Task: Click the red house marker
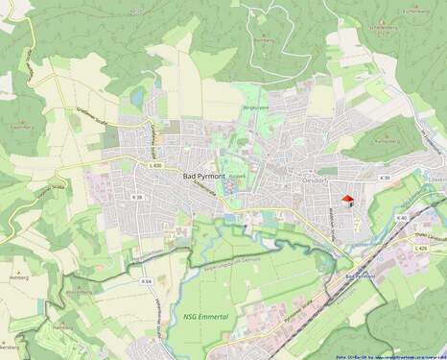click(347, 200)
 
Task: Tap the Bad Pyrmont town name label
click(205, 177)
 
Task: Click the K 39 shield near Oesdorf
click(386, 179)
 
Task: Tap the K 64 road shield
click(146, 281)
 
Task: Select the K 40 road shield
click(401, 218)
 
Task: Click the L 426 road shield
click(421, 248)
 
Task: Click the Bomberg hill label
click(264, 40)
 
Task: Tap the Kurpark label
click(240, 177)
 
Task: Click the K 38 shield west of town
click(136, 198)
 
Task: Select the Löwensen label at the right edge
click(437, 180)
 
